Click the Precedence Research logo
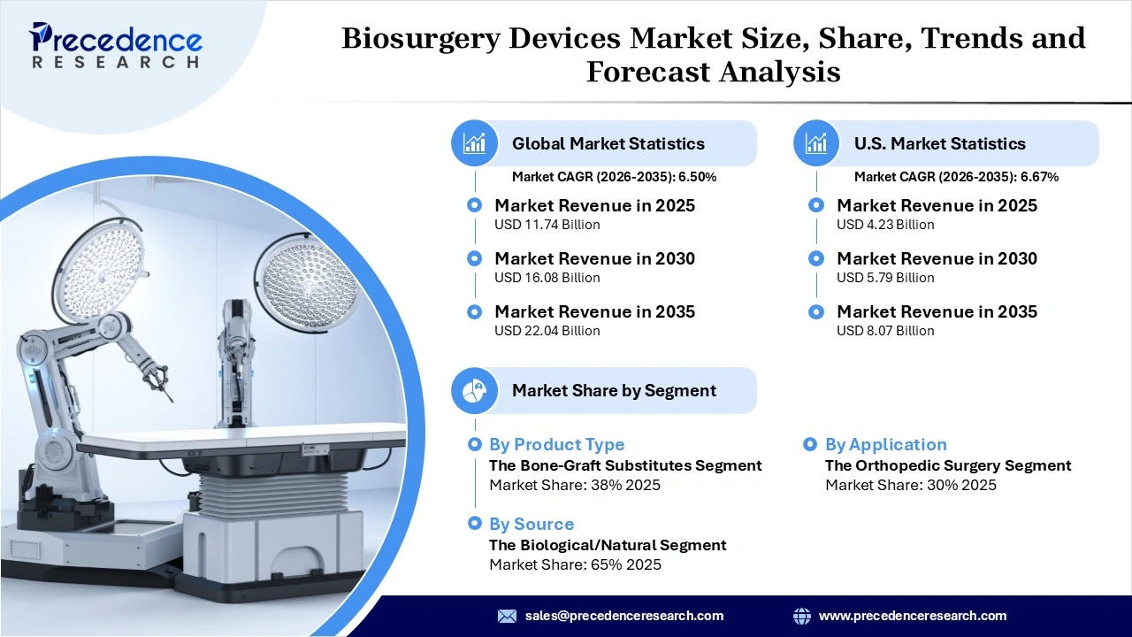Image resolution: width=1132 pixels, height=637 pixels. point(116,45)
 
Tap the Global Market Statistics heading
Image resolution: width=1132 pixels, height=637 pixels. point(608,143)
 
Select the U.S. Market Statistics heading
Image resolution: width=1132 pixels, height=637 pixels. point(939,143)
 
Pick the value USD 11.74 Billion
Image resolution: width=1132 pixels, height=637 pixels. point(547,225)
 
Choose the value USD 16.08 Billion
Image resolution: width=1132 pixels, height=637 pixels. point(547,278)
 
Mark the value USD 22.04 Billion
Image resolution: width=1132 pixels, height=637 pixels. point(547,331)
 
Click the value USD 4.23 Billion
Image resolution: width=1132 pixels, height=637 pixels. point(885,225)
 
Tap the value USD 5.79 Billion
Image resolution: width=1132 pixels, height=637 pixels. point(885,278)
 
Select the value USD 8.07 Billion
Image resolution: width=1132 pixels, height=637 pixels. point(885,331)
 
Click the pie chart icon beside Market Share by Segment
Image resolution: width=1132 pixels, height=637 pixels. point(475,390)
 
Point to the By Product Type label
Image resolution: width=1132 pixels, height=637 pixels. point(556,445)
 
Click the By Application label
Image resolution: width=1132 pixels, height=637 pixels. point(885,445)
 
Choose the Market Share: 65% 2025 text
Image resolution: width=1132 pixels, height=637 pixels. point(575,564)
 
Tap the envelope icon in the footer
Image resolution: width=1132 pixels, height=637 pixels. point(507,616)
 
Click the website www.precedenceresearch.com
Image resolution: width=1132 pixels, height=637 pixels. point(912,616)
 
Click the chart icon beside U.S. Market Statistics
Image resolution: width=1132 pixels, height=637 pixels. point(817,143)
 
